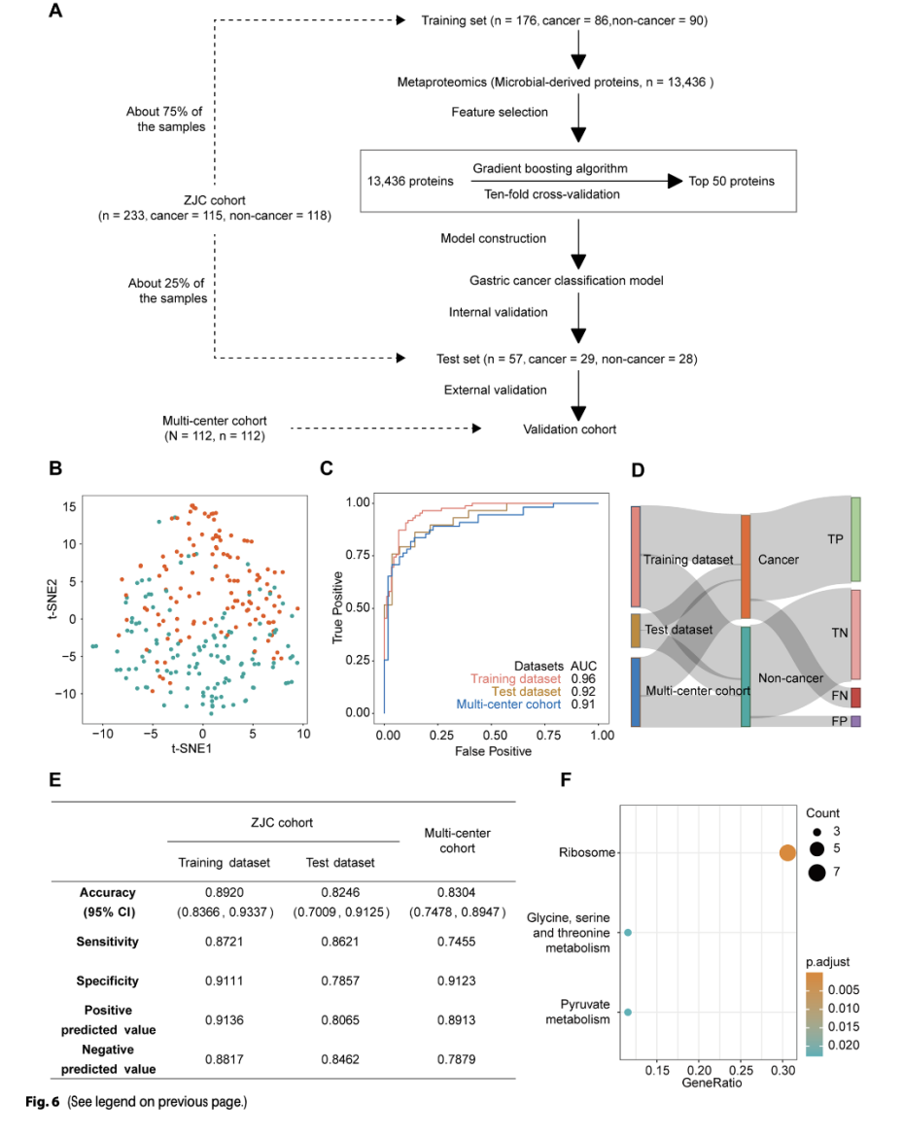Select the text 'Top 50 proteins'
(733, 181)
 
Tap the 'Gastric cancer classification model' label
(566, 281)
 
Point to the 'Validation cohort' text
(570, 429)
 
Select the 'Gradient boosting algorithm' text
(549, 168)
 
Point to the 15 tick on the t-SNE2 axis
(70, 507)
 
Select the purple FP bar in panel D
(855, 722)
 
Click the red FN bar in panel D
(855, 698)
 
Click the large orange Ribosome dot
(787, 853)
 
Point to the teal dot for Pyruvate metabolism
(628, 1013)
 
